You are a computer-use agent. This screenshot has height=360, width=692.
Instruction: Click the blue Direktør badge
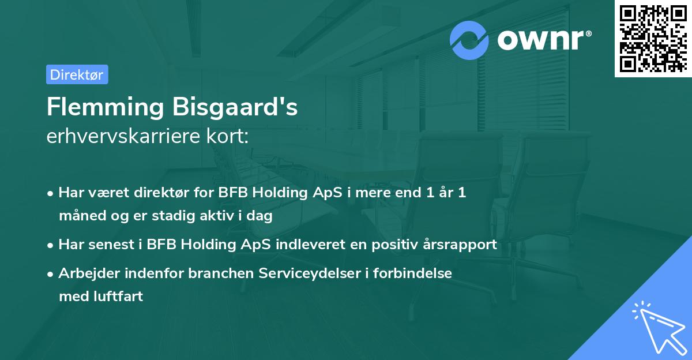click(x=77, y=74)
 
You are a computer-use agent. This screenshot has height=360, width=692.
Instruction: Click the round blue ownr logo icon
click(x=469, y=40)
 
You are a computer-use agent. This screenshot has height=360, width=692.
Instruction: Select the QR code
click(x=653, y=38)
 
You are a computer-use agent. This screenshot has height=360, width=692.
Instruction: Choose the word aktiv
click(x=219, y=216)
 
